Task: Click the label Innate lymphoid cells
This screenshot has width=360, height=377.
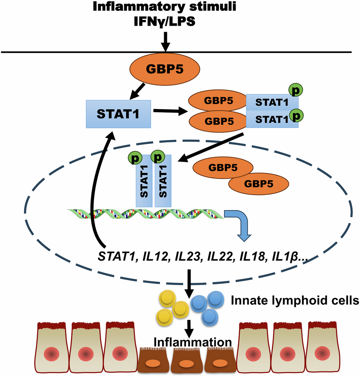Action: [x=295, y=301]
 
